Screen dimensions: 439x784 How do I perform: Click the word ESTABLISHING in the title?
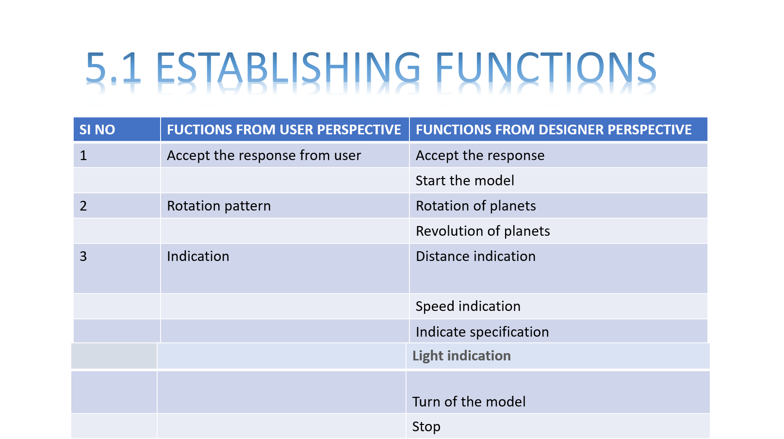coord(288,68)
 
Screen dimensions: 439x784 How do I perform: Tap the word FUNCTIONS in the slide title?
coord(546,68)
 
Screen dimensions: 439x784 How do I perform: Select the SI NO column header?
coord(97,130)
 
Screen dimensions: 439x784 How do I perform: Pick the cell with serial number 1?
coord(83,155)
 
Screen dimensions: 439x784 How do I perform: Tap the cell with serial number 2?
coord(83,206)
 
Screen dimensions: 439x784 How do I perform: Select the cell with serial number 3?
coord(83,256)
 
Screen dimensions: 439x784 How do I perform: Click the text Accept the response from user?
coord(264,155)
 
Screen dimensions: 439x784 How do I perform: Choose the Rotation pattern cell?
coord(219,206)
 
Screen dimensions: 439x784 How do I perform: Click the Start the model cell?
coord(465,180)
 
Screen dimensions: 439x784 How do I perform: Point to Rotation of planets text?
coord(475,206)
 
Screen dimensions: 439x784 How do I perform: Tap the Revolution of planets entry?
coord(483,231)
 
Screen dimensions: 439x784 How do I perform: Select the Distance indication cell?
coord(475,256)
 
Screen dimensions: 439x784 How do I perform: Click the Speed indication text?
coord(468,306)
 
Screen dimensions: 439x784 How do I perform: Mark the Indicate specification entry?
coord(482,332)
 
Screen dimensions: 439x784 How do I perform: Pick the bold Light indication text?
coord(461,356)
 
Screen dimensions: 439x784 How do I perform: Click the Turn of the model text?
coord(469,402)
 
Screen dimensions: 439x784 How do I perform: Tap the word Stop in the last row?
coord(426,426)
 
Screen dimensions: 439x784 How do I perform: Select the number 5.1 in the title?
coord(114,68)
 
